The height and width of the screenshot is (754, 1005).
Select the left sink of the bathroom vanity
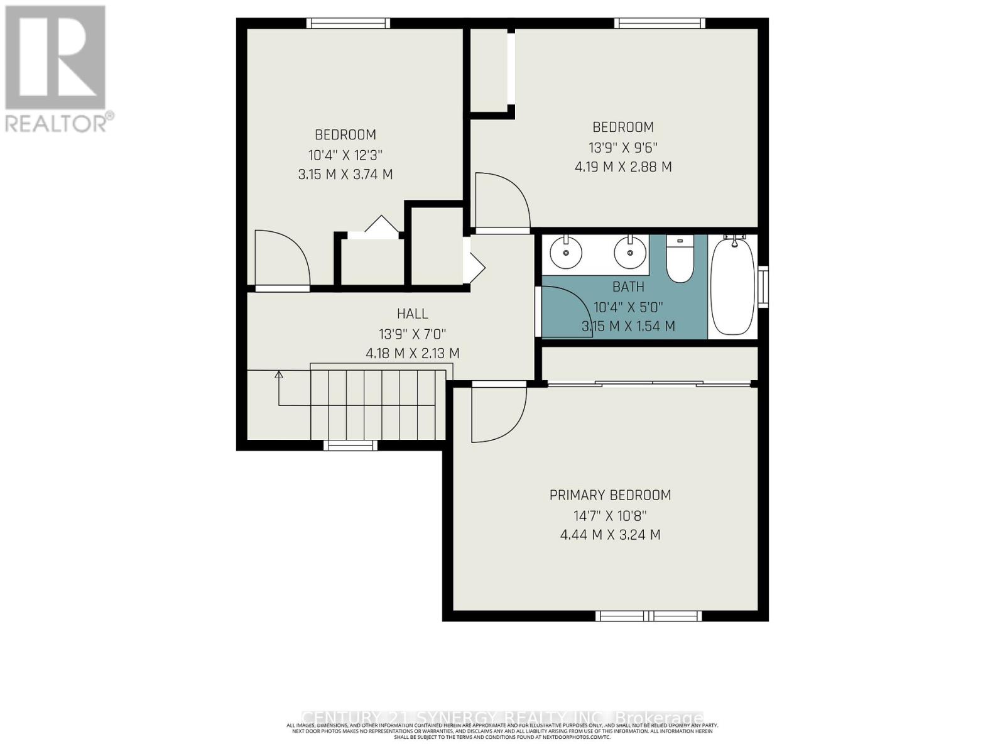pos(567,253)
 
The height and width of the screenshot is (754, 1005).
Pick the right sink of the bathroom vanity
pos(630,253)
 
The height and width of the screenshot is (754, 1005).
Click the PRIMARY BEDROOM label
pos(610,495)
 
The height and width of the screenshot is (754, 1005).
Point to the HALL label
pos(412,314)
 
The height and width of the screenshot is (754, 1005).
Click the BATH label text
pos(628,287)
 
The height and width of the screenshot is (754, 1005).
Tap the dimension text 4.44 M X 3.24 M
pos(610,535)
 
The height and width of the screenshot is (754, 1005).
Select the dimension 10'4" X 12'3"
pos(345,155)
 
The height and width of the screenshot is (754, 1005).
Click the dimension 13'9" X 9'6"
pos(622,148)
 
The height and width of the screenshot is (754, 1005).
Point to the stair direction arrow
pos(279,375)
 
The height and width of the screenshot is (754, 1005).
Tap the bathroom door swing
pos(565,311)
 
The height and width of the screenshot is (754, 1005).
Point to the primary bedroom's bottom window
pos(648,616)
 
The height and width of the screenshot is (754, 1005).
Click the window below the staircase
pos(350,445)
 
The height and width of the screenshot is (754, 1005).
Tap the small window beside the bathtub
pos(763,287)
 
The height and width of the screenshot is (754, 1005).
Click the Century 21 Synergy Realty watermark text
pos(503,718)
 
